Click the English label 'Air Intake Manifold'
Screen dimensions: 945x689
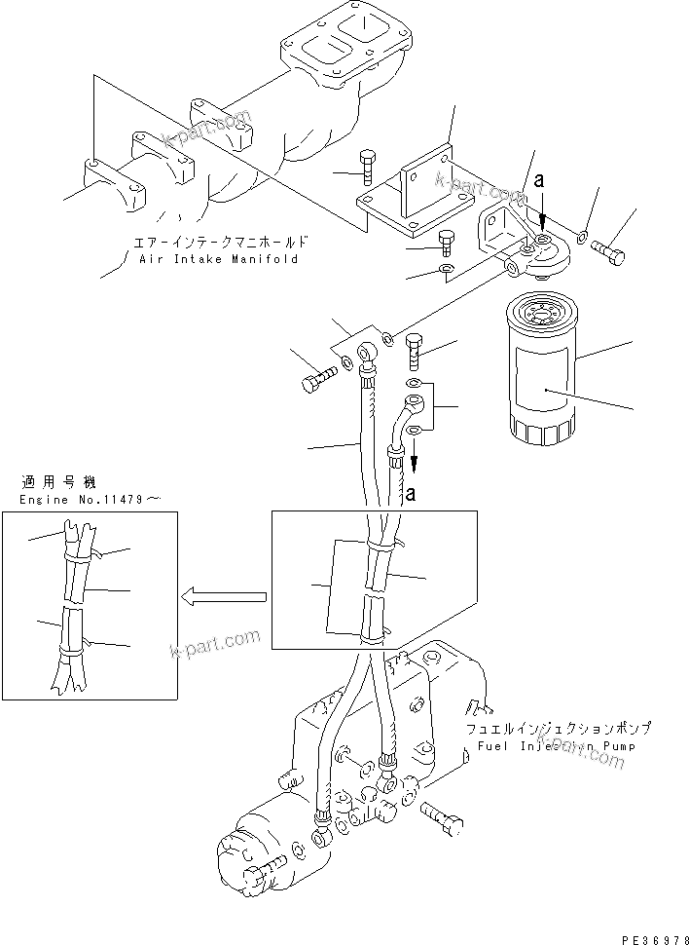[x=219, y=260]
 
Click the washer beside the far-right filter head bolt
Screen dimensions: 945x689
[x=581, y=235]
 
